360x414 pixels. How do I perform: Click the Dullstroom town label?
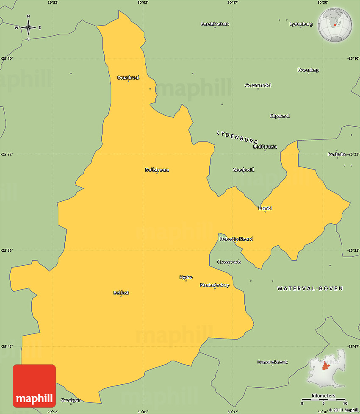tap(157, 170)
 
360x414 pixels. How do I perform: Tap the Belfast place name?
tap(121, 293)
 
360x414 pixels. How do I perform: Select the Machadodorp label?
tap(215, 285)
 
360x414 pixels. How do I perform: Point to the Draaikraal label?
tap(128, 78)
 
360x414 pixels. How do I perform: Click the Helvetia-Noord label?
tap(236, 239)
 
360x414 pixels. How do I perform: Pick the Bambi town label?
tap(265, 208)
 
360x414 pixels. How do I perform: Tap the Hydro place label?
tap(186, 278)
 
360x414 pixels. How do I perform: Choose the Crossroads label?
tap(229, 262)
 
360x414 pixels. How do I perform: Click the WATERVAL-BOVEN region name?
tap(310, 288)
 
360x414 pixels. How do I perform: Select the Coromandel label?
tap(258, 85)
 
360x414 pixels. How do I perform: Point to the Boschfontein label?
tap(215, 24)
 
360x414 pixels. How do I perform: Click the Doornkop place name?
tap(308, 70)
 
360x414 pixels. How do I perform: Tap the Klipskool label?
tap(280, 116)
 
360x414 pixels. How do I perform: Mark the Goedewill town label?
tap(244, 170)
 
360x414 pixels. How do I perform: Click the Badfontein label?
tap(265, 147)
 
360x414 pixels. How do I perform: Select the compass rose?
tap(28, 28)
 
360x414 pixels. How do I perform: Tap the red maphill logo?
tap(34, 386)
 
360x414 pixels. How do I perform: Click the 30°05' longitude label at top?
tap(143, 3)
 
